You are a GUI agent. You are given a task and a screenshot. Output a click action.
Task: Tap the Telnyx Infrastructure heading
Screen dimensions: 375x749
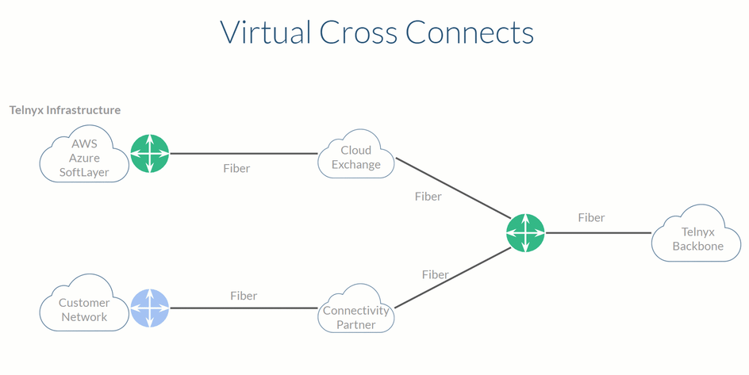tap(65, 110)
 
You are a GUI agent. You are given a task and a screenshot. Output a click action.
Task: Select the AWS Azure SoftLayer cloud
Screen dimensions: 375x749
tap(84, 158)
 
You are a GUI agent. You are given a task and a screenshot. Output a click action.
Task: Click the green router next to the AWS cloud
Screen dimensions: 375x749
tap(150, 154)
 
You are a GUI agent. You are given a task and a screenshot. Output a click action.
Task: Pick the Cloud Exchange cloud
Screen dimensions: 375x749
tap(356, 157)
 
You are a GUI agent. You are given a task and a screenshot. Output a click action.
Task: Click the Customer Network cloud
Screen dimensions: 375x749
tap(84, 309)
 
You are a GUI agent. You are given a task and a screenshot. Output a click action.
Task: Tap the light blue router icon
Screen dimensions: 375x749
tap(150, 308)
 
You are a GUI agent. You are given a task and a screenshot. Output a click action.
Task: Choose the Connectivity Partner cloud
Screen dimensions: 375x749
tap(356, 316)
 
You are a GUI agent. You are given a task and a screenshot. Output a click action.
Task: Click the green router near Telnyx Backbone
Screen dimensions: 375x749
tap(525, 233)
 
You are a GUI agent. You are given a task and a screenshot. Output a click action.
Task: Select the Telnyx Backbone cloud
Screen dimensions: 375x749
tap(698, 239)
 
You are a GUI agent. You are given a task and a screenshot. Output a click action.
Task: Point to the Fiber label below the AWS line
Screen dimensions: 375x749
tap(236, 169)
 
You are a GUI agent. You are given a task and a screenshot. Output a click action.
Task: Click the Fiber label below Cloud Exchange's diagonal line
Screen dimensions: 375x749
tap(428, 197)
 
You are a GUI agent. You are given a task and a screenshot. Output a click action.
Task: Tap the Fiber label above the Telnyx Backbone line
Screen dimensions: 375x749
tap(591, 217)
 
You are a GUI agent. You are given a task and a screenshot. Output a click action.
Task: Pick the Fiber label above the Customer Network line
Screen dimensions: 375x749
tap(244, 296)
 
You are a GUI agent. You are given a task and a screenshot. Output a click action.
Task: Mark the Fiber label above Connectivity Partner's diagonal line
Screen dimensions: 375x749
tap(435, 274)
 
